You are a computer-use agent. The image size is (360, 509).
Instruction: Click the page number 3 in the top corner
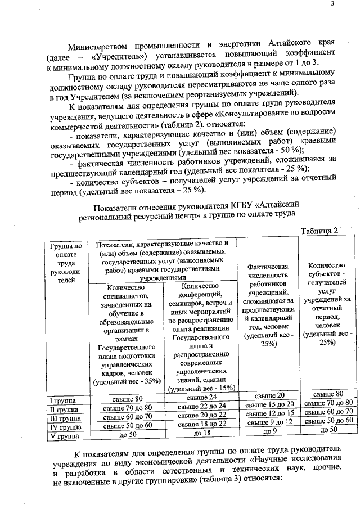(x=332, y=4)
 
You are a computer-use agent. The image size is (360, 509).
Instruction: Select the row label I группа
(x=63, y=400)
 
